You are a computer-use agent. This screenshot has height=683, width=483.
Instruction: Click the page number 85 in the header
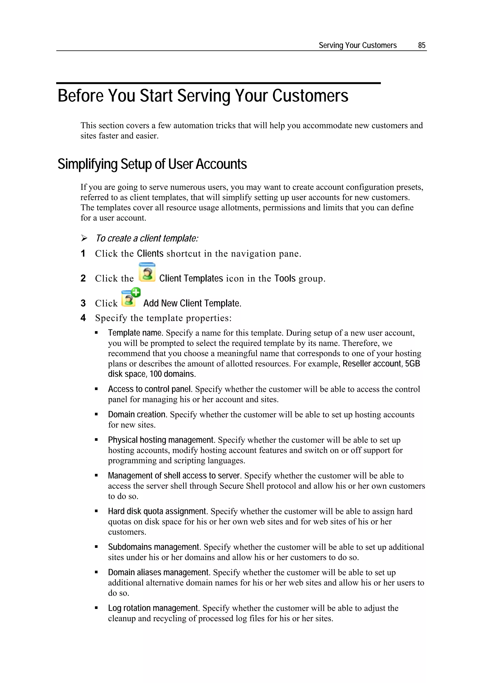[421, 45]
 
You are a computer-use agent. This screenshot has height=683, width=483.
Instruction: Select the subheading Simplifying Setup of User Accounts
[152, 164]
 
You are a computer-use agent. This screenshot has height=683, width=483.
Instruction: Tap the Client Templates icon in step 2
[147, 272]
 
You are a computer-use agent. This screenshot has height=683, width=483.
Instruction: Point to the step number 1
[83, 253]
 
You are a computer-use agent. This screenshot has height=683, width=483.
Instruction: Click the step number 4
[83, 318]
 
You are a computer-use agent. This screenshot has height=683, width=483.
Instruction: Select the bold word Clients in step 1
[150, 253]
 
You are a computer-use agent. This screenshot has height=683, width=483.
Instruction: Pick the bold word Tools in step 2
[285, 278]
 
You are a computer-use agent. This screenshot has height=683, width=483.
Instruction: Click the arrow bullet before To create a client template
[84, 238]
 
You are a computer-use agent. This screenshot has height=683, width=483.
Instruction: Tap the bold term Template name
[135, 333]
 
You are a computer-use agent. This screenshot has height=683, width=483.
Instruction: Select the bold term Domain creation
[137, 414]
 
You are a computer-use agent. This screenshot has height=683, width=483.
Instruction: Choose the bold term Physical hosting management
[161, 440]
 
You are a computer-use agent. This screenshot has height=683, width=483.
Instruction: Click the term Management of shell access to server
[174, 476]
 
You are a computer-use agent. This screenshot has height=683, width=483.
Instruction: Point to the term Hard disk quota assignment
[157, 511]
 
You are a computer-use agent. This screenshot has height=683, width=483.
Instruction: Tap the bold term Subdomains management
[154, 547]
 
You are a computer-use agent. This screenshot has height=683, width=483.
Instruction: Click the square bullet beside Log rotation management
[96, 608]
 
